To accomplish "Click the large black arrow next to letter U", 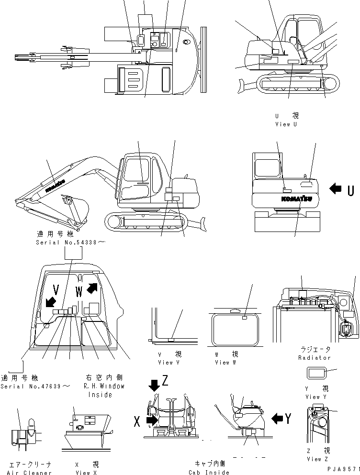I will point(336,190).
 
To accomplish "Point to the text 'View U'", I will point(289,124).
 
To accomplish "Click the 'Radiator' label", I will point(315,357).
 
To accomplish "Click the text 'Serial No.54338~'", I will point(70,243).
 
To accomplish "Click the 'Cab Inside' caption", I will point(210,472).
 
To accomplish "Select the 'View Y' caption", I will point(316,397).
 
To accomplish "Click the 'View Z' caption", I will point(317,459).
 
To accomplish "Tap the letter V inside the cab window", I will point(56,290).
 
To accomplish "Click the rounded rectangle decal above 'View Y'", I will point(316,373).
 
